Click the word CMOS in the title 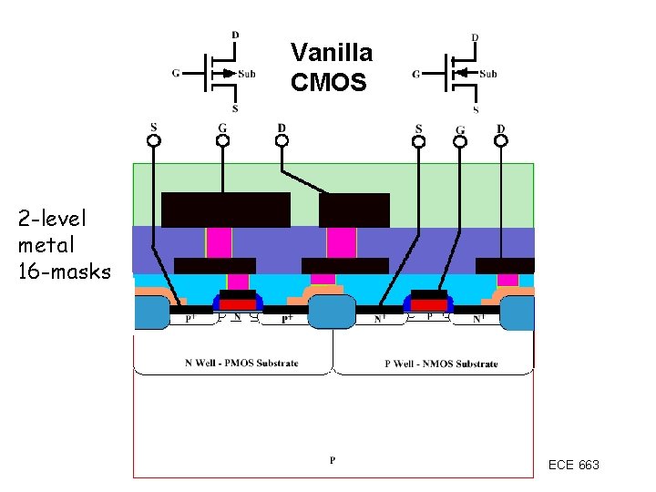(328, 83)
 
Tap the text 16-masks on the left (64, 271)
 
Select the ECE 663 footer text (573, 465)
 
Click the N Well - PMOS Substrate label (241, 363)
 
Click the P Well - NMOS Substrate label (441, 364)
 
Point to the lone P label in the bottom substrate (333, 460)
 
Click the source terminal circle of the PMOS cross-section (154, 141)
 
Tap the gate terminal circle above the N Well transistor (222, 141)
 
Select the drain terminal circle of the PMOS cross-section (282, 141)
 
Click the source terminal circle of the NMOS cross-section (418, 141)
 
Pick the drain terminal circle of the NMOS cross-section (500, 141)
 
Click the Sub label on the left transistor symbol (247, 74)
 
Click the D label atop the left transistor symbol (235, 36)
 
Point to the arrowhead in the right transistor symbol (463, 73)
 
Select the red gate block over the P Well (428, 304)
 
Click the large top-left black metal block (225, 210)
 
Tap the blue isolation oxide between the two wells (331, 312)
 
